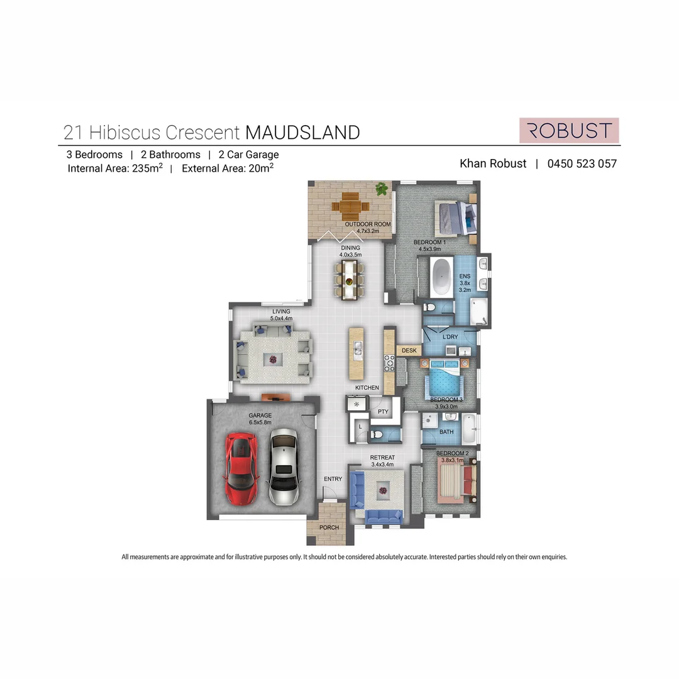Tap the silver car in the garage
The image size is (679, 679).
click(283, 467)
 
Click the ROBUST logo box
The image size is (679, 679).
click(569, 131)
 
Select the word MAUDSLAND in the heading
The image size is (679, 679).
click(302, 133)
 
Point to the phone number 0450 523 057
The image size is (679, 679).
click(582, 163)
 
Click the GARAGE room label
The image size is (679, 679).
click(260, 416)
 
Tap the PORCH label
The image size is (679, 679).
click(329, 527)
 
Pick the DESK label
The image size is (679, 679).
click(409, 350)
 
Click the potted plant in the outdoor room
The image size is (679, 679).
click(381, 189)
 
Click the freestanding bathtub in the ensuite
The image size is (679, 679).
click(442, 276)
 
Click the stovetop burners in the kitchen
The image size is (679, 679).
click(389, 363)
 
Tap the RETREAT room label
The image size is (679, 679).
click(382, 457)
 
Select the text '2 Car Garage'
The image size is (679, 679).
click(248, 155)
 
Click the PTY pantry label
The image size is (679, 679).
click(383, 412)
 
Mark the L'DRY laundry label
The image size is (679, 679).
click(450, 338)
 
